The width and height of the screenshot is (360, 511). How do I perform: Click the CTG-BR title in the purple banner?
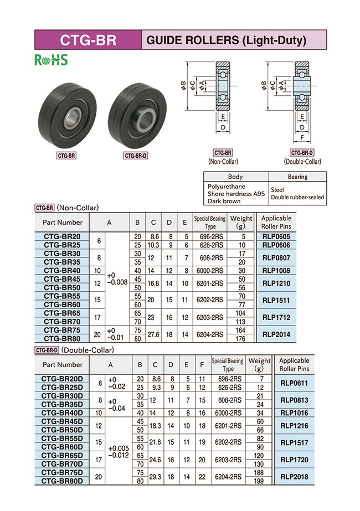tap(88, 40)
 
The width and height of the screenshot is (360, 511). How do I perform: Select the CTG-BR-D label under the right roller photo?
tap(135, 156)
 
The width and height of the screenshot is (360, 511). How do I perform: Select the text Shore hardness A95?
tap(236, 194)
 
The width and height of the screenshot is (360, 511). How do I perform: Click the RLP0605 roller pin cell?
tap(276, 236)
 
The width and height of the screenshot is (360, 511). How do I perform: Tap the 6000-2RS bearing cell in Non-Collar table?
tap(210, 270)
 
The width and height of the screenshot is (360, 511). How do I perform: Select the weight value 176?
tap(240, 339)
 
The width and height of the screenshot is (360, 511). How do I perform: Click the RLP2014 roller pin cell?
tap(276, 334)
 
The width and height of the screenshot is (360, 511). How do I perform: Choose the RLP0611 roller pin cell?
tap(294, 383)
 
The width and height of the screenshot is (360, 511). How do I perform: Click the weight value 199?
tap(259, 481)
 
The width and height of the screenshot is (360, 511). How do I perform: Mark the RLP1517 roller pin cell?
tap(294, 442)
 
